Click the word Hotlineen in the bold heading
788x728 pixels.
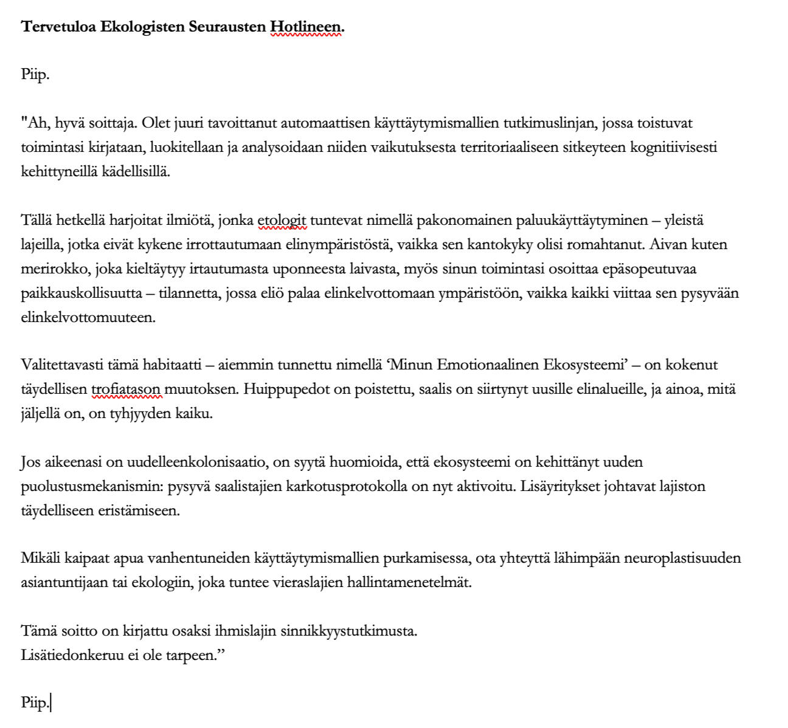[x=306, y=27]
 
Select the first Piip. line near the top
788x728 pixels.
[x=35, y=75]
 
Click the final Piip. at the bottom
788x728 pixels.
[x=35, y=703]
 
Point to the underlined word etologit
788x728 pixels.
[x=282, y=221]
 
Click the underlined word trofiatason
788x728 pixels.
[x=126, y=389]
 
